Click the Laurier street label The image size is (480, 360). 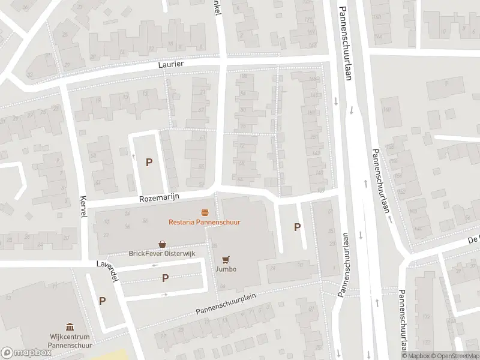171,64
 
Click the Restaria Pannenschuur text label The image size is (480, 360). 205,221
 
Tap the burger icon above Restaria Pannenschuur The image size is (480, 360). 205,212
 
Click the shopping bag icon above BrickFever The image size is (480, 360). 163,244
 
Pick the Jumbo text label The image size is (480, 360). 226,269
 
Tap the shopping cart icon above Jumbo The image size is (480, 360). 226,259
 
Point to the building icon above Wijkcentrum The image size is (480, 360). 70,327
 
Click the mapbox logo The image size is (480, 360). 26,352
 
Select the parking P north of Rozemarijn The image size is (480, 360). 149,162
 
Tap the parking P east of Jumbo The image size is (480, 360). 296,227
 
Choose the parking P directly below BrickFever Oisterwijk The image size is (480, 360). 165,278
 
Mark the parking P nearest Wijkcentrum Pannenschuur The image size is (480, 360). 103,301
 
